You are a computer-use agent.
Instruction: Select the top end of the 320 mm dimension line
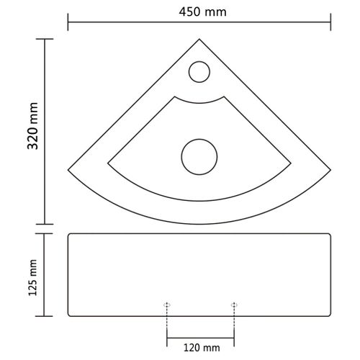pyautogui.click(x=47, y=40)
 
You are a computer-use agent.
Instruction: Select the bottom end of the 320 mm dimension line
pyautogui.click(x=47, y=225)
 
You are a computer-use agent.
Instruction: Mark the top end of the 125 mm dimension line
pyautogui.click(x=47, y=233)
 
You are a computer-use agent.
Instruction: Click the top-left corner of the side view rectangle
pyautogui.click(x=68, y=235)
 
